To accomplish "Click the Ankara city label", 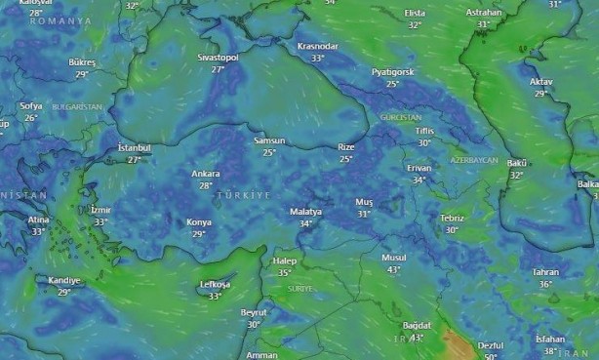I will point(205,173).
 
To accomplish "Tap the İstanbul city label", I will point(134,147).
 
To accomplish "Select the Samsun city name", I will point(269,140).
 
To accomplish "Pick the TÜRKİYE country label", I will point(243,196).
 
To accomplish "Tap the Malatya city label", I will point(305,212).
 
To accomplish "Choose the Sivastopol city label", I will point(218,58).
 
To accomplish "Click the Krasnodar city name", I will point(317,46).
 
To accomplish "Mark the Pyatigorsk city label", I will point(392,72).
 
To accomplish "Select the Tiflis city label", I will point(423,131).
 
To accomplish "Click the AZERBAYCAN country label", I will point(474,159).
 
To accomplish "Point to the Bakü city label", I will point(517,163).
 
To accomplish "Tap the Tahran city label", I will point(545,272).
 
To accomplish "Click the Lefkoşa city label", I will point(215,284).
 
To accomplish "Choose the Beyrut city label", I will point(254,312).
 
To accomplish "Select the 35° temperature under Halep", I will point(284,272).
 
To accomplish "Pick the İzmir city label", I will point(100,210).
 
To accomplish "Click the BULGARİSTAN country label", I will point(77,106).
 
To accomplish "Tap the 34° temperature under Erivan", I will point(419,180).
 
